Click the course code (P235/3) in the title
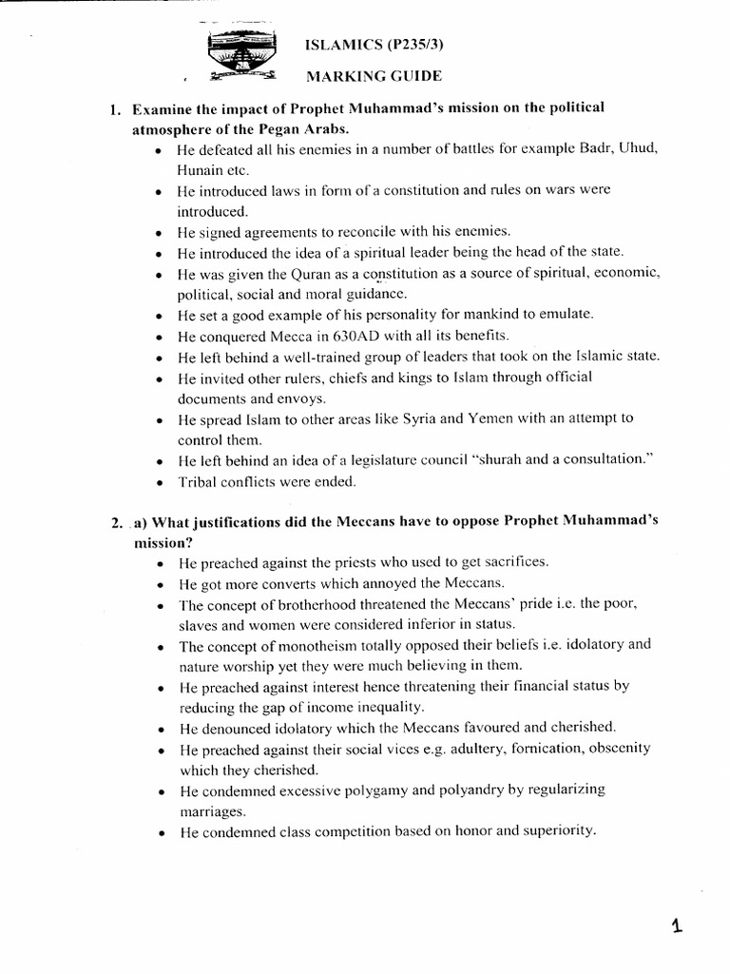tap(384, 45)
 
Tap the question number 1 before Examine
tap(113, 107)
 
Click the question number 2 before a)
tap(114, 523)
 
